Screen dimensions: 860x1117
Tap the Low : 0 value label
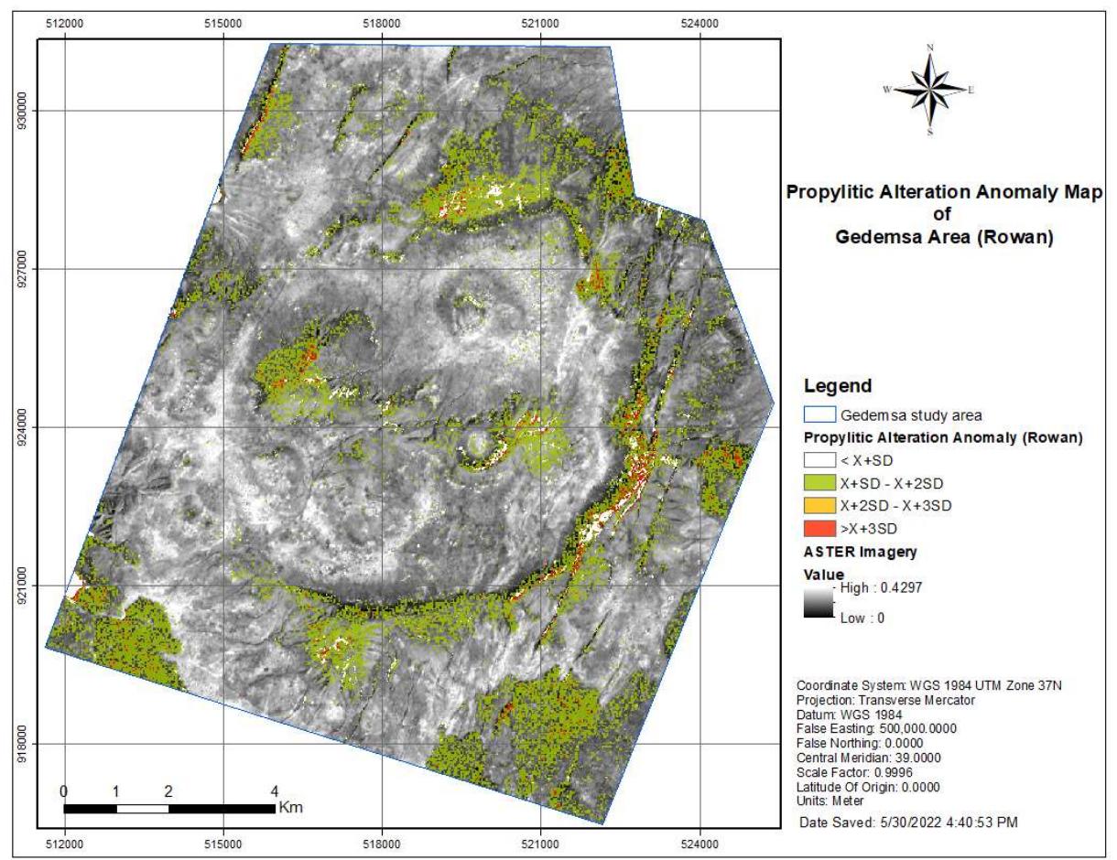(862, 618)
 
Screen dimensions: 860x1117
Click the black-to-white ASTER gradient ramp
(819, 604)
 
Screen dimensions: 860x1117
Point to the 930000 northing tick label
(34, 110)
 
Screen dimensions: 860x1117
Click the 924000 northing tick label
(34, 427)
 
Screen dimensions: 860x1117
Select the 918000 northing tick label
(34, 744)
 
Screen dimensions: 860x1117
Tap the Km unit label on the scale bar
(291, 808)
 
